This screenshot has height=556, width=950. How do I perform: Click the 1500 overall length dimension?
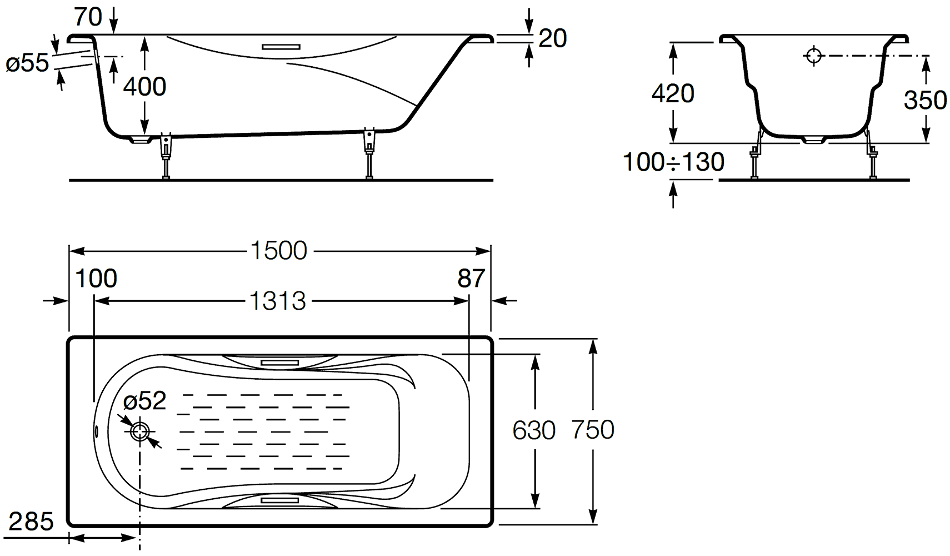tap(278, 251)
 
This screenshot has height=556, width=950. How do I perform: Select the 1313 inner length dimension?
tap(278, 301)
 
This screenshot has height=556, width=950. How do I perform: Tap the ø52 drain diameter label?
tap(144, 401)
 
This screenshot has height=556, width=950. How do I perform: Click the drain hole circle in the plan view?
tap(139, 431)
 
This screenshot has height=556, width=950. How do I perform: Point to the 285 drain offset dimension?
tap(31, 522)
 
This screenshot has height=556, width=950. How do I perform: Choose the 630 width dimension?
tap(534, 430)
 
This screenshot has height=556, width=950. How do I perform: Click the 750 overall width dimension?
tap(593, 430)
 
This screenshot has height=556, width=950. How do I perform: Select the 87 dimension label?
tap(471, 279)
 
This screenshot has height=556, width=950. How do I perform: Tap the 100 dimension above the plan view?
tap(96, 279)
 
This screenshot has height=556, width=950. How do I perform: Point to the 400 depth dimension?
tap(144, 87)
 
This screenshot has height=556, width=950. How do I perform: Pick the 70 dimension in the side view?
tap(88, 17)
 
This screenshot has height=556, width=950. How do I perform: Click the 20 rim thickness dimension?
tap(553, 38)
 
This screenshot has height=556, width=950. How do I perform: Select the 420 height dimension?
tap(673, 93)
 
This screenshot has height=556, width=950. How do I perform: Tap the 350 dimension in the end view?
tap(925, 100)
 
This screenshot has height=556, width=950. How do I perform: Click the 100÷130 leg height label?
tap(673, 162)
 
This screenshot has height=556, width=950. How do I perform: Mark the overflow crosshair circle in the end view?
tap(814, 56)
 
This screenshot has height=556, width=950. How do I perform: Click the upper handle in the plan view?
tap(280, 362)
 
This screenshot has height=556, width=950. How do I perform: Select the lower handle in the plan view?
tap(280, 500)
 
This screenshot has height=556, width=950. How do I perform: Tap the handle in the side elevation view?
tap(281, 47)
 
